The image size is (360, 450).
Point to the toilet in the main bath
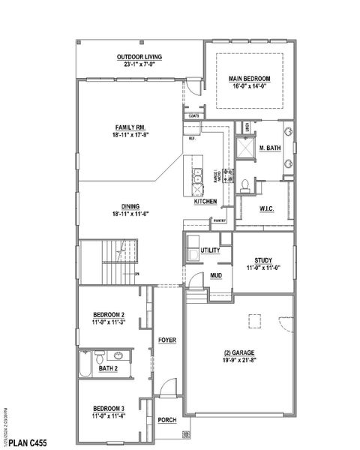click(244, 184)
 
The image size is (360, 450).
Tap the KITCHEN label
click(206, 202)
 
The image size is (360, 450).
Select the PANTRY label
click(220, 221)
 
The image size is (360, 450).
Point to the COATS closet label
click(194, 115)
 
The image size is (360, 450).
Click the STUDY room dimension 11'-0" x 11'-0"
click(262, 265)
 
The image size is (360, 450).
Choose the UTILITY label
click(210, 249)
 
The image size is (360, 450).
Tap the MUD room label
click(216, 275)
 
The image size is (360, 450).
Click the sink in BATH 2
click(118, 356)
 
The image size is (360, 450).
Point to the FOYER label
click(166, 340)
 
